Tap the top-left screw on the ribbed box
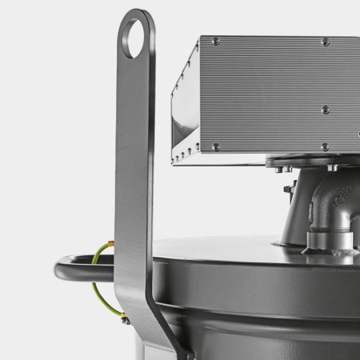216,41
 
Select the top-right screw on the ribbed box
325,42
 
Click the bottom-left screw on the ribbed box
216,147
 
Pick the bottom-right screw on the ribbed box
324,146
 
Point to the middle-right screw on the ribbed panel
325,110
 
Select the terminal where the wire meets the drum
125,319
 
